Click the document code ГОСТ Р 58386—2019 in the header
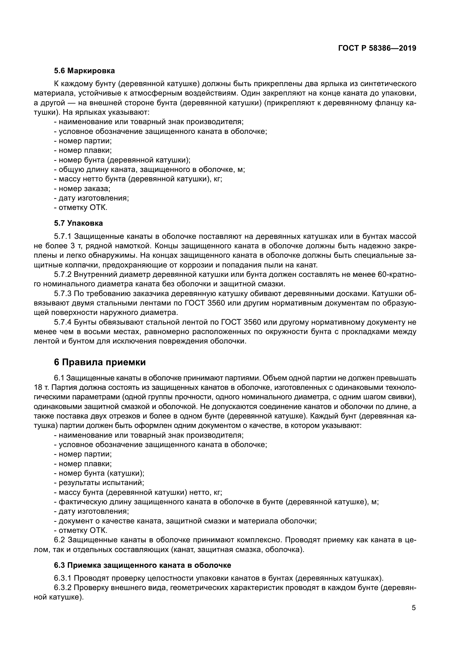coord(377,48)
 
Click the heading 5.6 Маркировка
coord(84,71)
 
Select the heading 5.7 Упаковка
coord(78,223)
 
